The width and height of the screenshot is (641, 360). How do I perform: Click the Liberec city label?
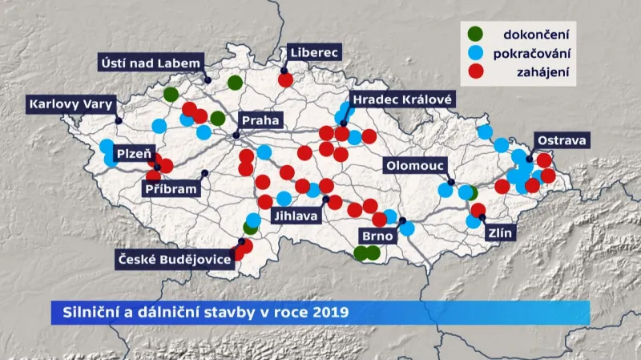(x=315, y=53)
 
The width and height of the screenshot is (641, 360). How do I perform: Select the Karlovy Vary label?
(x=72, y=103)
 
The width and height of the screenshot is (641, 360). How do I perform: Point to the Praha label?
(x=260, y=120)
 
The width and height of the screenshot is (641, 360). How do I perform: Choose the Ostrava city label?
(x=562, y=140)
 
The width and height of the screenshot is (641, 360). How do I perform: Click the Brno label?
(x=377, y=237)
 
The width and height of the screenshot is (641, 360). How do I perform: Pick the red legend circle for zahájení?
(x=476, y=72)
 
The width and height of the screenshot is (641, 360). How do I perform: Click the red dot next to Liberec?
(x=285, y=80)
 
